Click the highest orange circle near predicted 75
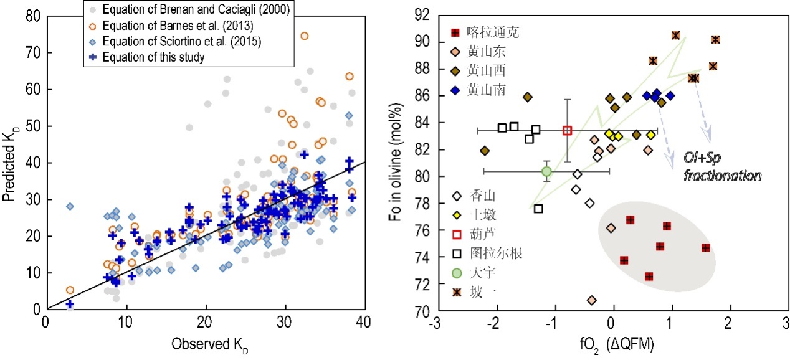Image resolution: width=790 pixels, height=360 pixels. (x=305, y=36)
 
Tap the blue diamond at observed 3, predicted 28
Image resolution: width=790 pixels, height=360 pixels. (x=70, y=206)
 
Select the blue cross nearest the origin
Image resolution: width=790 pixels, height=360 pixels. (x=70, y=304)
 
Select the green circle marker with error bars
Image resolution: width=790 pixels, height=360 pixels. (x=546, y=171)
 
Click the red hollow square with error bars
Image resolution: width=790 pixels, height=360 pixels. (x=567, y=130)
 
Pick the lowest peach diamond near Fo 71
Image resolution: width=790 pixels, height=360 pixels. (x=591, y=300)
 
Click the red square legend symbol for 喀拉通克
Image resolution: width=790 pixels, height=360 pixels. (x=455, y=32)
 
